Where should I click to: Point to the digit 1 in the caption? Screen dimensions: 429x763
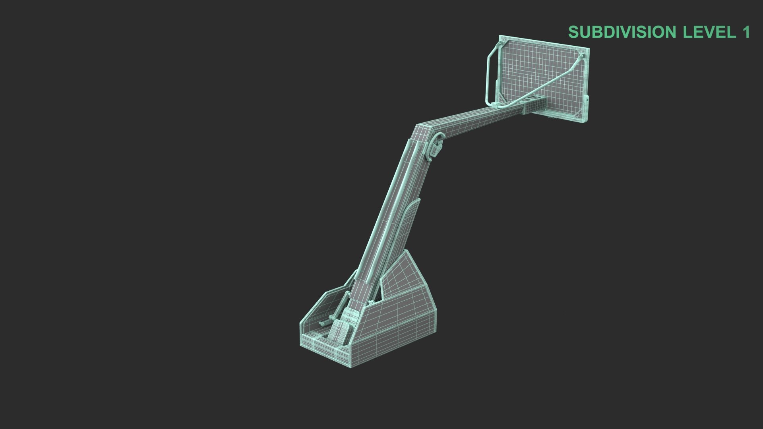pos(745,32)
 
